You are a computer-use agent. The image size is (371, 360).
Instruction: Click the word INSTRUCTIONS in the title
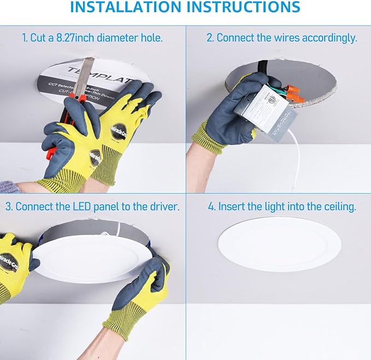tap(243, 8)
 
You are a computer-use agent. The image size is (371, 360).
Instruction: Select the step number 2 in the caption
tap(210, 38)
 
